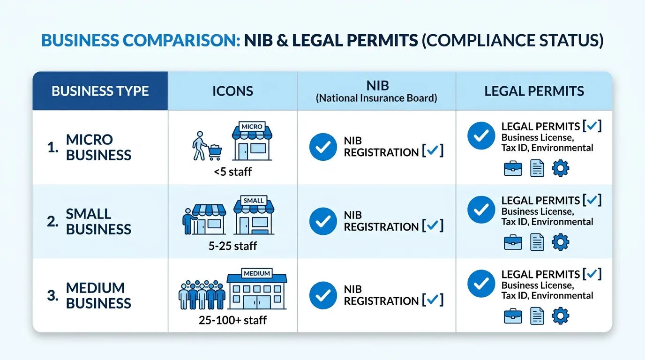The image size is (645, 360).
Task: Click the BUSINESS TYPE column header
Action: [x=100, y=91]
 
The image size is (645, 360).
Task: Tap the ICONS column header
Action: [x=232, y=91]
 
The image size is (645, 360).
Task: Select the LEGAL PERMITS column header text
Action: [x=534, y=91]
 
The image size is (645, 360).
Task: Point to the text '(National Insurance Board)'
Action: [x=376, y=98]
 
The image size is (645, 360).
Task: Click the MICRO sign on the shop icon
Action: [x=252, y=127]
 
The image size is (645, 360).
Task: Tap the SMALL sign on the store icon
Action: [x=254, y=201]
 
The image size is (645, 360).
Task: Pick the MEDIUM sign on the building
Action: [x=257, y=273]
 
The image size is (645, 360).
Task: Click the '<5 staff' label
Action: [x=232, y=172]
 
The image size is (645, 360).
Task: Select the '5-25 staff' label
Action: [x=232, y=246]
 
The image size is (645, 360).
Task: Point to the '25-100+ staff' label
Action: [x=232, y=320]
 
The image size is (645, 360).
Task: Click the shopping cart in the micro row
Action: [x=215, y=152]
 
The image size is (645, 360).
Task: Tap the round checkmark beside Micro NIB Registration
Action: [x=323, y=147]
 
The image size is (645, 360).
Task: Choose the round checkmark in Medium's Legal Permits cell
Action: [x=481, y=284]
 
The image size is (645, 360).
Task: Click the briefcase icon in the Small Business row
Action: [x=513, y=242]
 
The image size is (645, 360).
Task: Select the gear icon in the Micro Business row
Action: [x=560, y=168]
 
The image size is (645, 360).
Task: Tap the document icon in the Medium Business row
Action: [x=537, y=316]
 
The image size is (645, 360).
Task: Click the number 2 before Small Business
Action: [x=52, y=221]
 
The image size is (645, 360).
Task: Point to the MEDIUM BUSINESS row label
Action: [x=98, y=295]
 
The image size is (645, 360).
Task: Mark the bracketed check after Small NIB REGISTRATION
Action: [x=433, y=225]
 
